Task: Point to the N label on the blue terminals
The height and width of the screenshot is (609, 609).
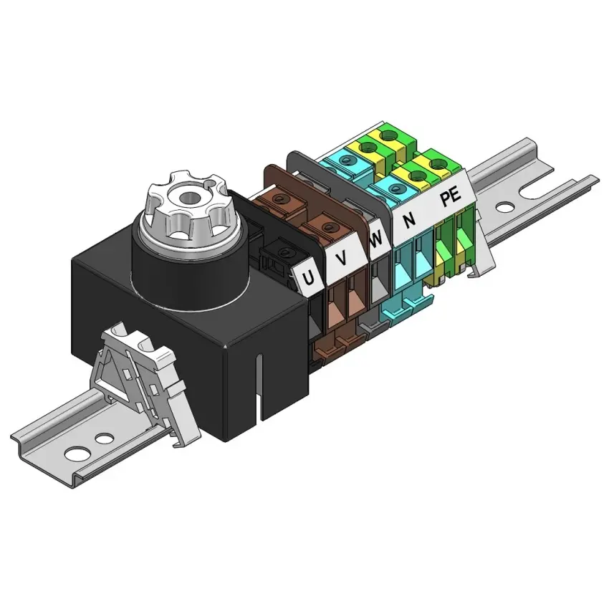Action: pyautogui.click(x=409, y=221)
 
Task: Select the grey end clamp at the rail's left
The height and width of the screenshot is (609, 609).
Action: pyautogui.click(x=145, y=379)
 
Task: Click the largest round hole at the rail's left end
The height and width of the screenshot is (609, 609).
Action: pyautogui.click(x=75, y=453)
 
